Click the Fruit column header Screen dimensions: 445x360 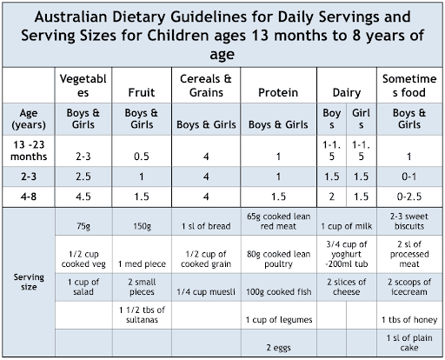[x=142, y=92]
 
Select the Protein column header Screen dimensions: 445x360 [x=278, y=92]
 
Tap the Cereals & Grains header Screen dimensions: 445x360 [x=206, y=85]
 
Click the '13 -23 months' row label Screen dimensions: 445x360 [x=29, y=150]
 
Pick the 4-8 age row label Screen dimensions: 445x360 [x=29, y=197]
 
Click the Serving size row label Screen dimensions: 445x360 [x=29, y=282]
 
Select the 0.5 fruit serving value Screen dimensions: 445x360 [x=142, y=157]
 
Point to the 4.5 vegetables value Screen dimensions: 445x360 [x=83, y=197]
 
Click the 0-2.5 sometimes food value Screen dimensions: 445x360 [x=409, y=197]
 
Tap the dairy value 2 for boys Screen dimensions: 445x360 [x=332, y=197]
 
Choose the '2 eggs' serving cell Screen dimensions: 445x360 [x=278, y=348]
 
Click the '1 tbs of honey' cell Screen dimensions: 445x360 [x=409, y=320]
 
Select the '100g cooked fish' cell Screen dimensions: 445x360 [x=278, y=291]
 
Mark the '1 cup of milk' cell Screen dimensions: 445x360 [x=347, y=226]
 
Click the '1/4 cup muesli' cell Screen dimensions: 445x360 [x=206, y=291]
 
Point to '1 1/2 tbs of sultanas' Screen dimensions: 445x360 [x=142, y=315]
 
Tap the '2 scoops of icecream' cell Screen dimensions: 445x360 [x=409, y=287]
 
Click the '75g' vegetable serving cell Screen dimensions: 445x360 [x=83, y=226]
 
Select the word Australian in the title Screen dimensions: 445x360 [x=71, y=17]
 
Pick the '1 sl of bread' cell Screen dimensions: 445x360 [x=206, y=226]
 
